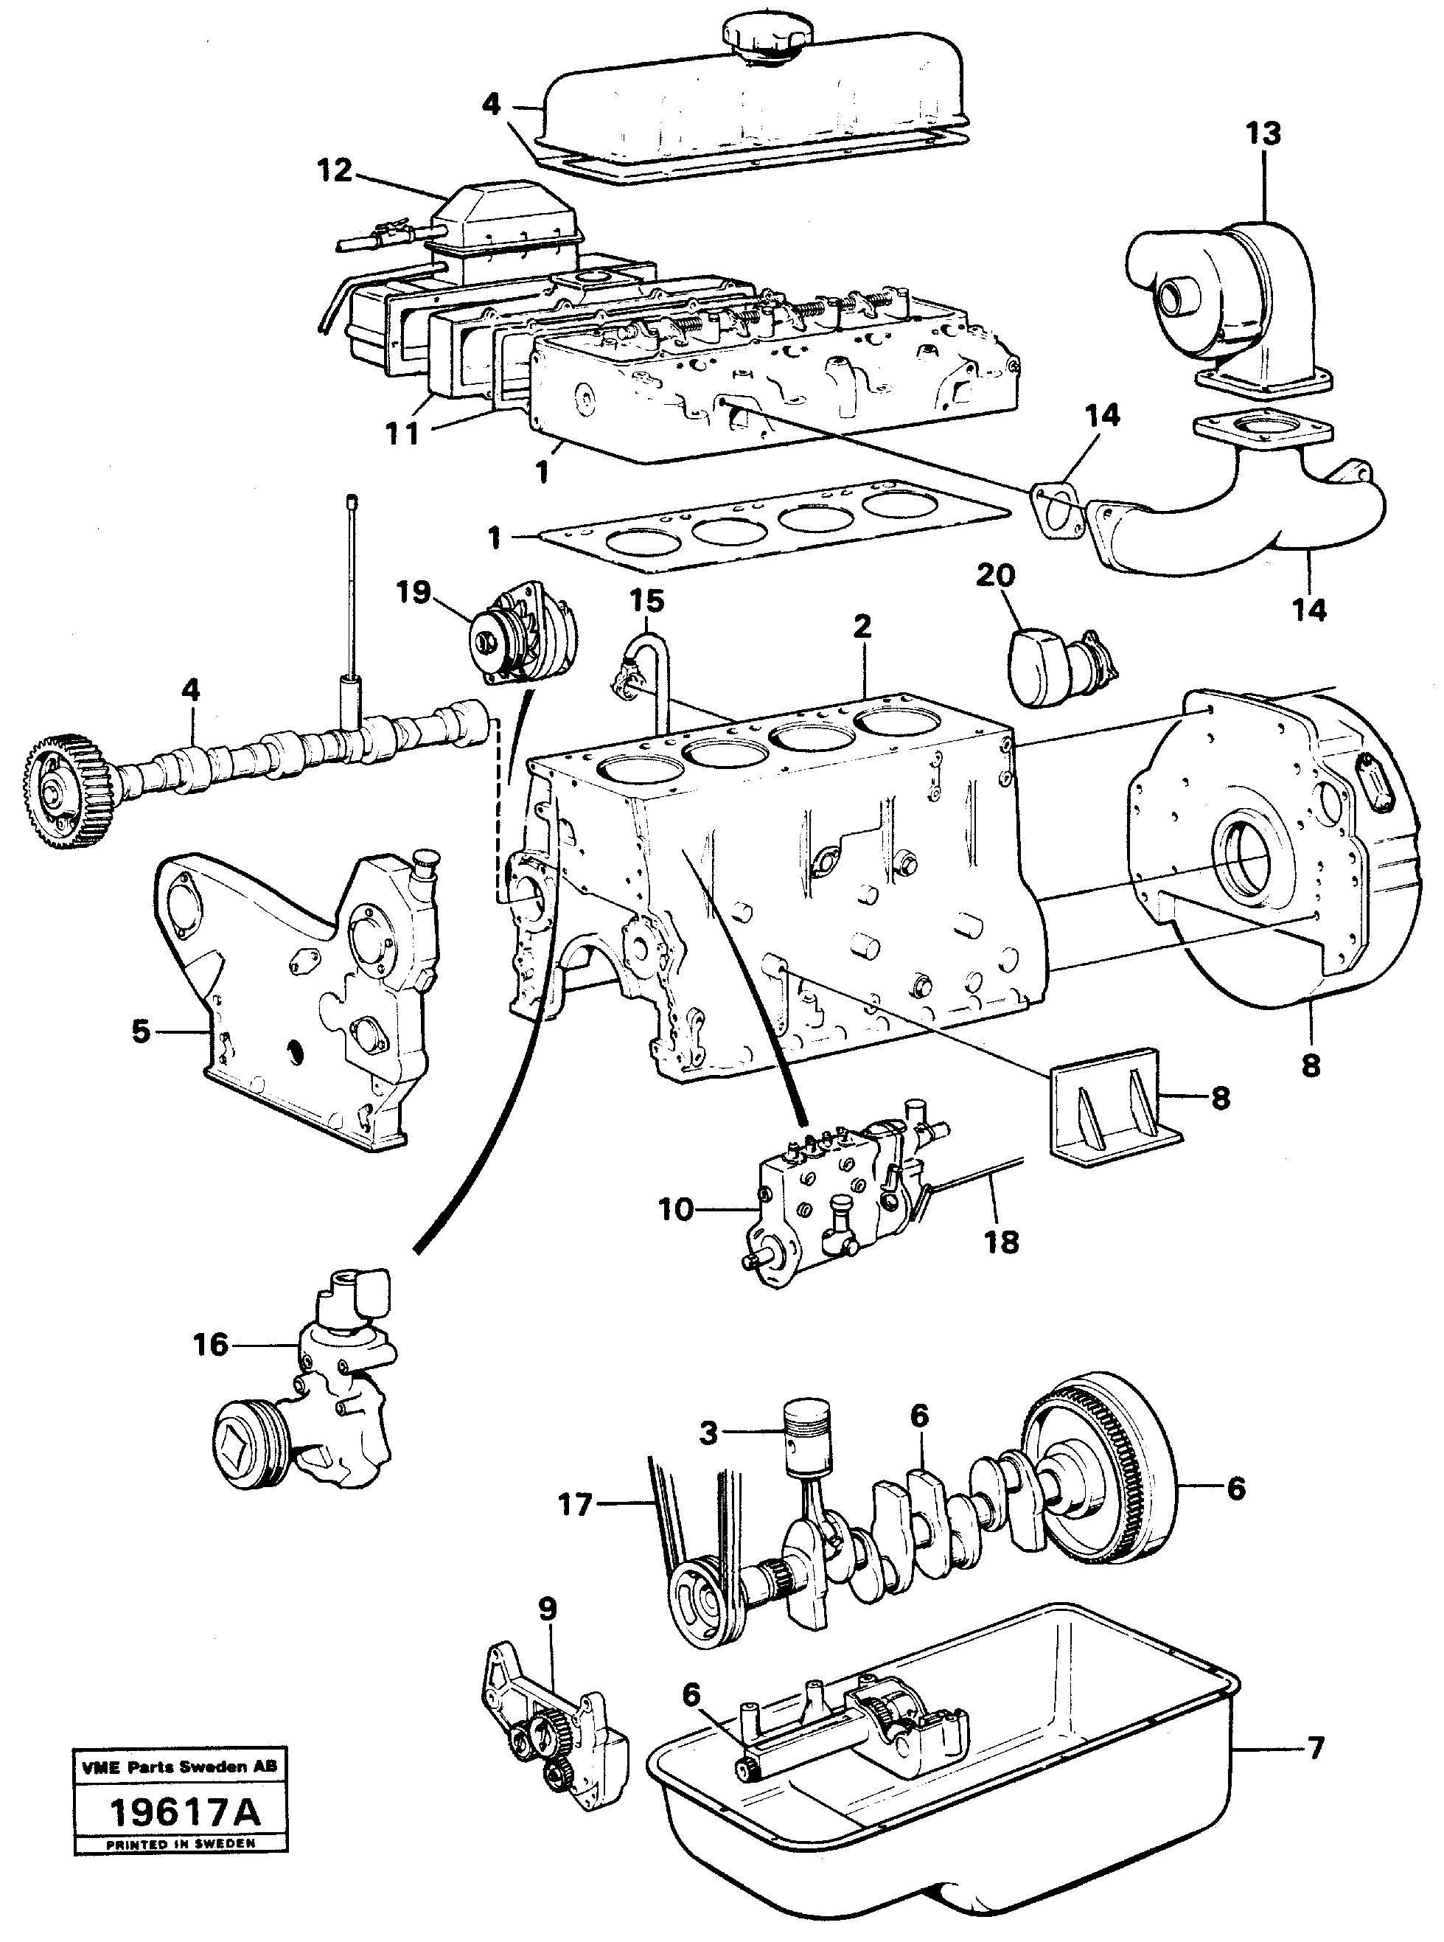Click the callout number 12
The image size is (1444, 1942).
pos(335,170)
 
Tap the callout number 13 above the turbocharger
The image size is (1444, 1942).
pos(1263,133)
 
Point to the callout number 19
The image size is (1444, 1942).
pos(413,592)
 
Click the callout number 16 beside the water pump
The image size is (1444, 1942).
pos(211,1345)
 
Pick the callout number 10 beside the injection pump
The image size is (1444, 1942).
pos(676,1210)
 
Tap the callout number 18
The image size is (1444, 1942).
pos(1002,1242)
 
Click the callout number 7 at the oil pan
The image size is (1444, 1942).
pos(1316,1748)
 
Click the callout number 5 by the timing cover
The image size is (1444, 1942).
pos(142,1031)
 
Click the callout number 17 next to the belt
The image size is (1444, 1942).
pos(575,1505)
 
